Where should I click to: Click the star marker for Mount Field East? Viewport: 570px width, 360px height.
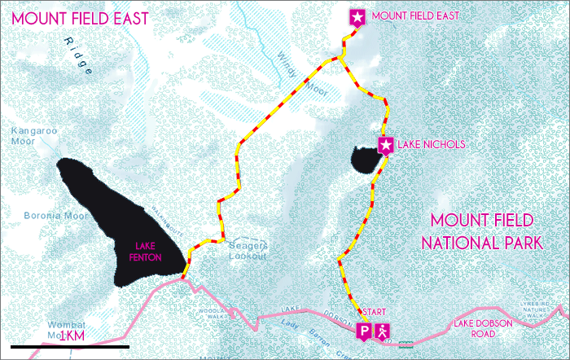point(357,16)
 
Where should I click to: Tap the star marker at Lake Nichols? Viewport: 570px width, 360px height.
point(386,145)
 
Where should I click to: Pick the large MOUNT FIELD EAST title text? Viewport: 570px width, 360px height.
point(76,18)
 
